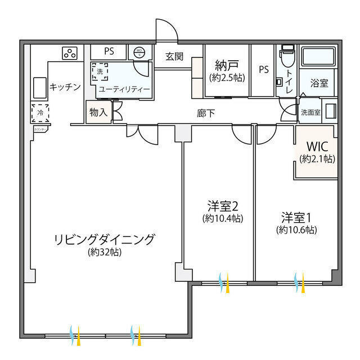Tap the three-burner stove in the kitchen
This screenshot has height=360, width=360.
(70, 53)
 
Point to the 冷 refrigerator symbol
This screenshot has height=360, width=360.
(40, 112)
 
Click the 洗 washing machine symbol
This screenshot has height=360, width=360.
(100, 71)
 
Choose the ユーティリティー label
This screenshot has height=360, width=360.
(124, 89)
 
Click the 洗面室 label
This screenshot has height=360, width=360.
(310, 112)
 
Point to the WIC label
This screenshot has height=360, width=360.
(317, 148)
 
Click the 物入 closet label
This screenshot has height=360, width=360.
(98, 112)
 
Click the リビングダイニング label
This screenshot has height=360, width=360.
(104, 239)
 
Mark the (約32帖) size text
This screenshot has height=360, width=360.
(105, 252)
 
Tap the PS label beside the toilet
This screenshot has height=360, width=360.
(263, 69)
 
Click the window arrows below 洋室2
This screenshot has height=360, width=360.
(224, 279)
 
